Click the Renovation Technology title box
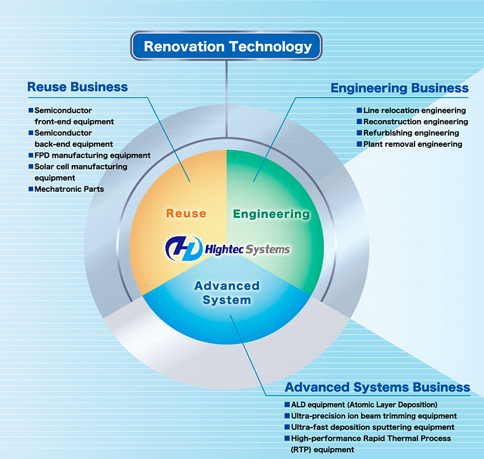pyautogui.click(x=227, y=46)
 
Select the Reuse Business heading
pyautogui.click(x=77, y=87)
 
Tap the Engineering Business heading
pyautogui.click(x=399, y=88)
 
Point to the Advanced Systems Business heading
pyautogui.click(x=377, y=387)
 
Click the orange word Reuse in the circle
pyautogui.click(x=186, y=214)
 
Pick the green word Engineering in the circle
pyautogui.click(x=271, y=214)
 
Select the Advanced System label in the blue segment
pyautogui.click(x=227, y=293)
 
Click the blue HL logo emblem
pyautogui.click(x=184, y=248)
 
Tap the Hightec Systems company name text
pyautogui.click(x=248, y=249)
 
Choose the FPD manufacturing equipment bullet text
pyautogui.click(x=92, y=155)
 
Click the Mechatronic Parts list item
pyautogui.click(x=69, y=189)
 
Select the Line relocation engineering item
pyautogui.click(x=415, y=110)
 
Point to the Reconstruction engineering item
pyautogui.click(x=416, y=122)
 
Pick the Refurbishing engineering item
pyautogui.click(x=411, y=133)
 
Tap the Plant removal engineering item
pyautogui.click(x=413, y=144)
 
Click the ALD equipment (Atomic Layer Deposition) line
pyautogui.click(x=364, y=405)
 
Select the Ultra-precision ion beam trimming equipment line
pyautogui.click(x=374, y=416)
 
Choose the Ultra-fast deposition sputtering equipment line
pyautogui.click(x=372, y=427)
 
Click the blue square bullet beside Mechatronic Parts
pyautogui.click(x=31, y=189)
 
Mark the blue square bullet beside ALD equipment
pyautogui.click(x=287, y=404)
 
